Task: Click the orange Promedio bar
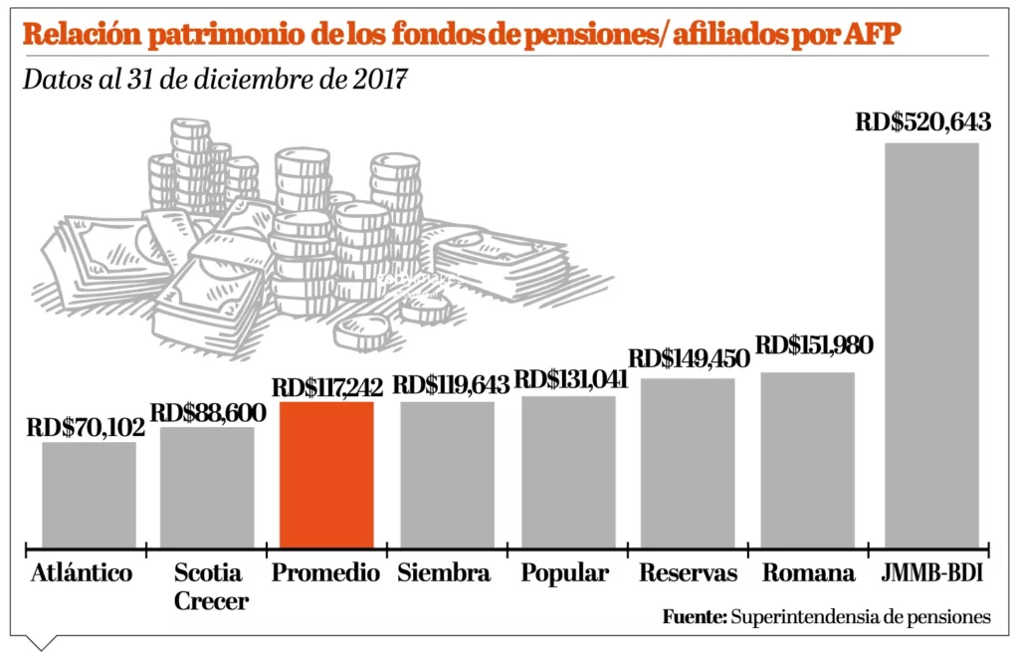[x=326, y=474]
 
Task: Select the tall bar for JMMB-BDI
[x=931, y=344]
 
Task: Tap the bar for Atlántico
[x=89, y=494]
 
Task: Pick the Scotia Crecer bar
[x=207, y=487]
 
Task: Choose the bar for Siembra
[x=447, y=474]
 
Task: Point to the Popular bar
[x=568, y=471]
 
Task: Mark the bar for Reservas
[x=688, y=462]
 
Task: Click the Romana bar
[x=807, y=459]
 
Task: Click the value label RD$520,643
[x=923, y=123]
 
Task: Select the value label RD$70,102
[x=86, y=428]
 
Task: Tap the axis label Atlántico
[x=82, y=573]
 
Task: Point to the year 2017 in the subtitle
[x=378, y=81]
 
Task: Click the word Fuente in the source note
[x=694, y=617]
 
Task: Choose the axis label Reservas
[x=689, y=573]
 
